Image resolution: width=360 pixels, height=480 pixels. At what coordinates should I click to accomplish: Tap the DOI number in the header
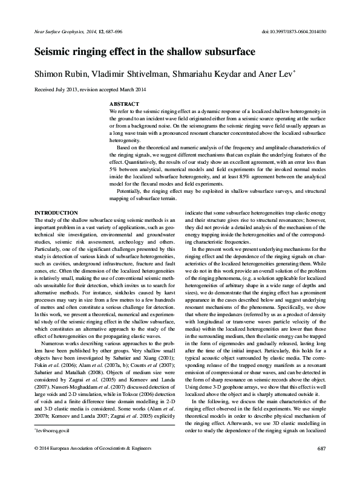(295, 30)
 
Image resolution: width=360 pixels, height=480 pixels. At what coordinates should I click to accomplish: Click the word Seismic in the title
(55, 52)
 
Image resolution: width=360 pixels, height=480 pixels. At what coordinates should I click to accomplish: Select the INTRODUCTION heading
(56, 213)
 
